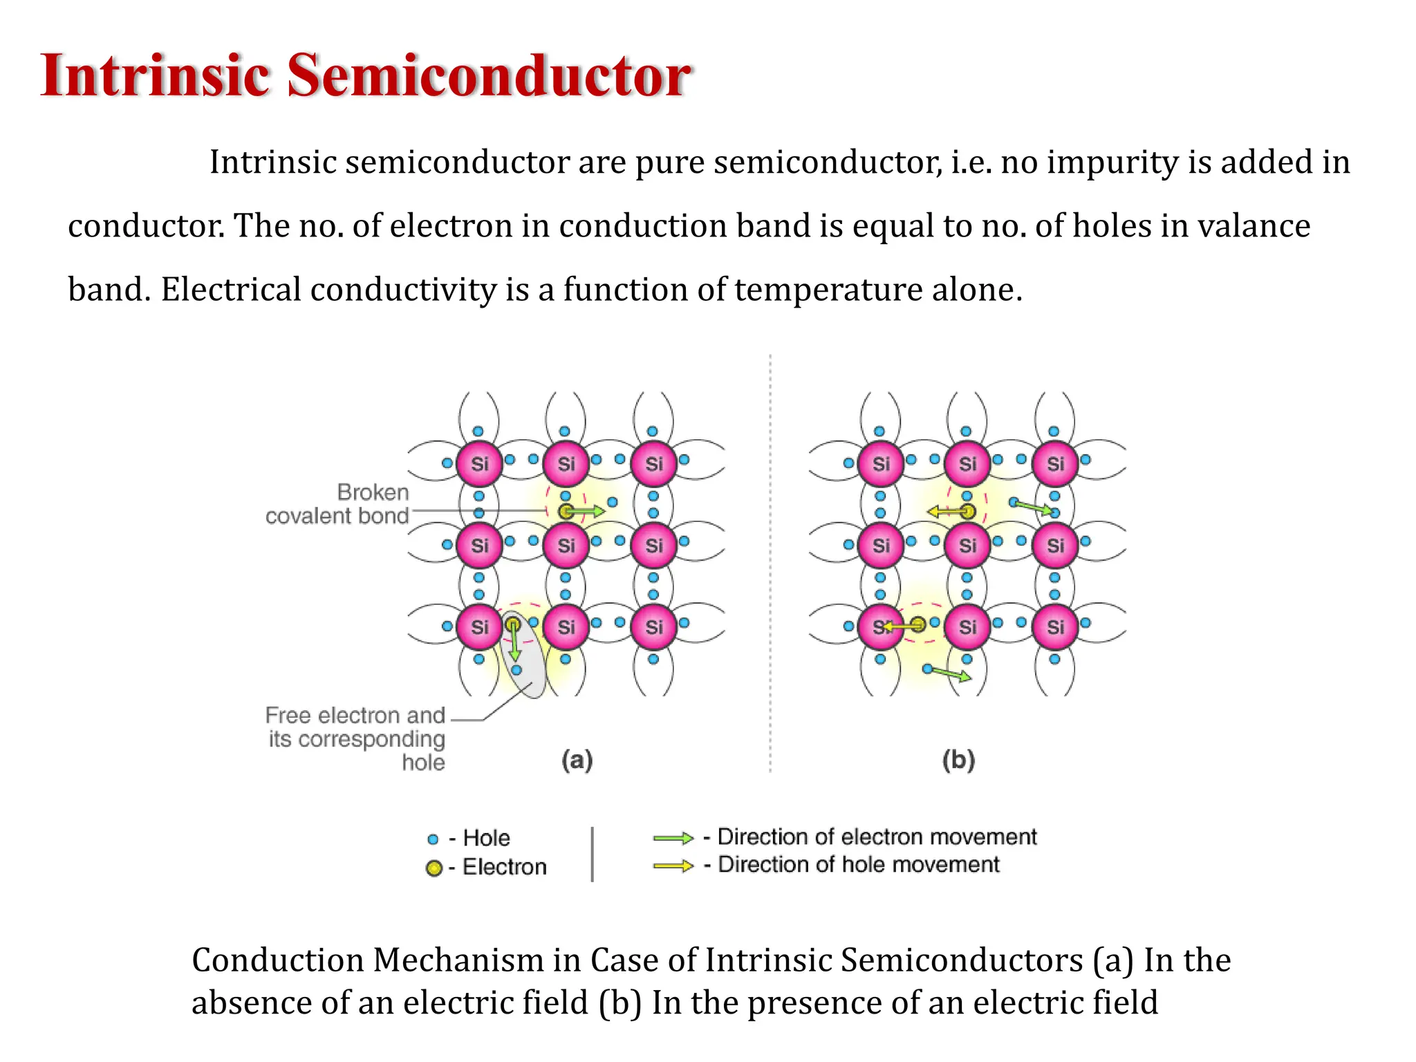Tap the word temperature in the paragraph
tap(828, 289)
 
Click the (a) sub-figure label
tap(577, 760)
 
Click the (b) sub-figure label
tap(958, 760)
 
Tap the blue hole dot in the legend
tap(433, 839)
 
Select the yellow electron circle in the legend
tap(434, 868)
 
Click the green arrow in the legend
tap(673, 839)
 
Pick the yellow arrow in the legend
tap(673, 866)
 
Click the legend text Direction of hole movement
tap(859, 864)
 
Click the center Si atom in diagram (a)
tap(566, 545)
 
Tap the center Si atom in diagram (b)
tap(967, 545)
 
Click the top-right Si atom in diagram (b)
tap(1055, 463)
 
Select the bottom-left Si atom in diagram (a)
tap(479, 626)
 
